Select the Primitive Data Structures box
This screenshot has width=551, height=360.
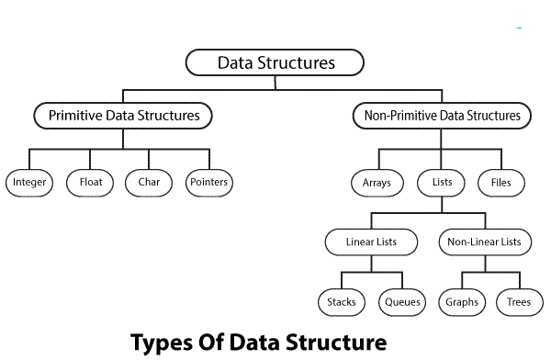(122, 116)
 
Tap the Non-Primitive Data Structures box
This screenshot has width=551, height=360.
(441, 116)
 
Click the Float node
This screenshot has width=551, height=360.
(90, 183)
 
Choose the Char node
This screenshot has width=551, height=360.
(150, 183)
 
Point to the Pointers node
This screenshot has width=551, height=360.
(209, 183)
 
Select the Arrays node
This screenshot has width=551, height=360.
(377, 183)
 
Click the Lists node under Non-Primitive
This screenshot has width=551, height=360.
(441, 183)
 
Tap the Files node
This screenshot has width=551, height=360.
(501, 183)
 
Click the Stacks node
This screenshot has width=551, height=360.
(341, 300)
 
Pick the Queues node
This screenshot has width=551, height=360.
(400, 300)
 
